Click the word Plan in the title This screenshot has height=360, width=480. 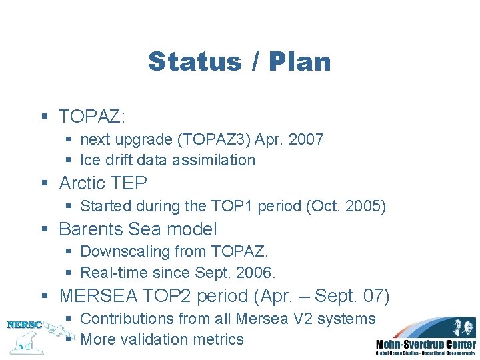click(x=300, y=61)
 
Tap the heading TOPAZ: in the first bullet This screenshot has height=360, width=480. click(x=92, y=117)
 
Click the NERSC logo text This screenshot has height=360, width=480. click(x=25, y=325)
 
